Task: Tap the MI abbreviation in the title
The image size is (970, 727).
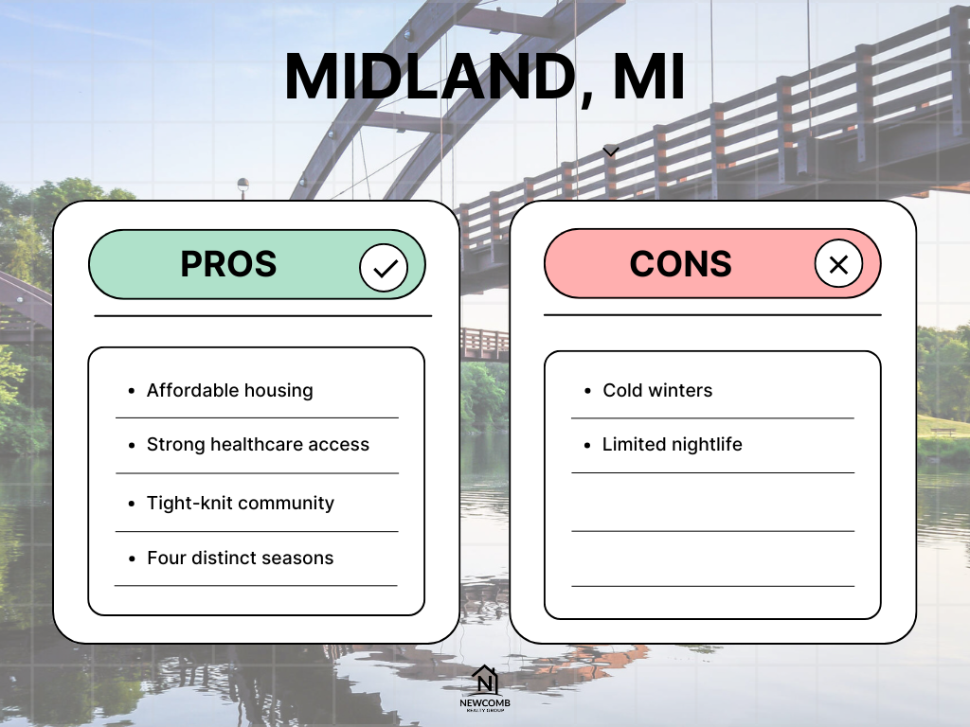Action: (648, 77)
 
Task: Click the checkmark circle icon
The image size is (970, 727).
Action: (384, 268)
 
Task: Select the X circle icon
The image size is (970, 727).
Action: (838, 265)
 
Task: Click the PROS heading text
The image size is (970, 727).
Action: (228, 264)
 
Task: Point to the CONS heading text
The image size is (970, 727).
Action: (680, 264)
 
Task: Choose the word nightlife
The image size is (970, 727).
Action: (707, 444)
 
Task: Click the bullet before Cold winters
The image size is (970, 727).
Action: (587, 391)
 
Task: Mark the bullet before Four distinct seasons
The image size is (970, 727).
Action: (132, 559)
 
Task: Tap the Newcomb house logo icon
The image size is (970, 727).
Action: (485, 680)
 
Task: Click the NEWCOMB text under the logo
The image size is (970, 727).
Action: (485, 703)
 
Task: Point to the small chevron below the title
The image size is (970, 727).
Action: (611, 151)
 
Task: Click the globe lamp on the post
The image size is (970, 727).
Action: (243, 184)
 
